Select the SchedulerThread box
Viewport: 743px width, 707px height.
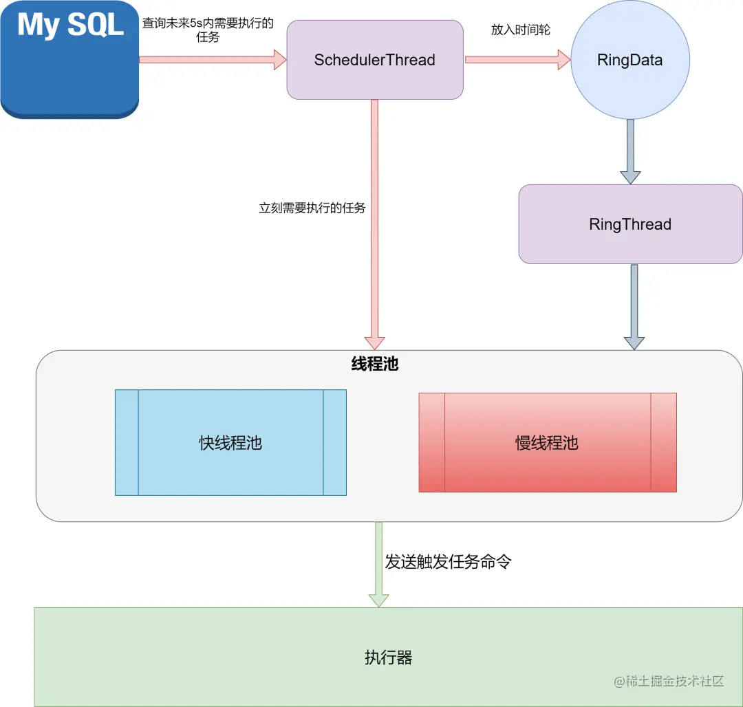tap(374, 60)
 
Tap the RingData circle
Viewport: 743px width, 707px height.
tap(629, 60)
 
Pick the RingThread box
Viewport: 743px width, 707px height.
tap(629, 224)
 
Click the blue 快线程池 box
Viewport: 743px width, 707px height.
tap(230, 443)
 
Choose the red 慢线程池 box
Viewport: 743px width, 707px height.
tap(547, 443)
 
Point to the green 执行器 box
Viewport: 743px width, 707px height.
tap(388, 657)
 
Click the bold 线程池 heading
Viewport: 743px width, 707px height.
tap(375, 365)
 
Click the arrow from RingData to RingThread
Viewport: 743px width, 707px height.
tap(630, 151)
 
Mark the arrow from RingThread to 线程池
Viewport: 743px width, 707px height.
tap(634, 306)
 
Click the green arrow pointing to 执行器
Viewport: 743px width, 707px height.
tap(378, 564)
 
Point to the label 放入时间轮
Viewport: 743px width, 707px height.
tap(520, 30)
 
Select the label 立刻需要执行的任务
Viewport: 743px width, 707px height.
tap(312, 208)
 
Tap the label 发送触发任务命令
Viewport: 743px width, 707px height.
tap(448, 562)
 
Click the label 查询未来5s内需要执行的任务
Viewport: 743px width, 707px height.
tap(208, 30)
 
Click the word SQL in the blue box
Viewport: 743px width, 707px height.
tap(96, 25)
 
